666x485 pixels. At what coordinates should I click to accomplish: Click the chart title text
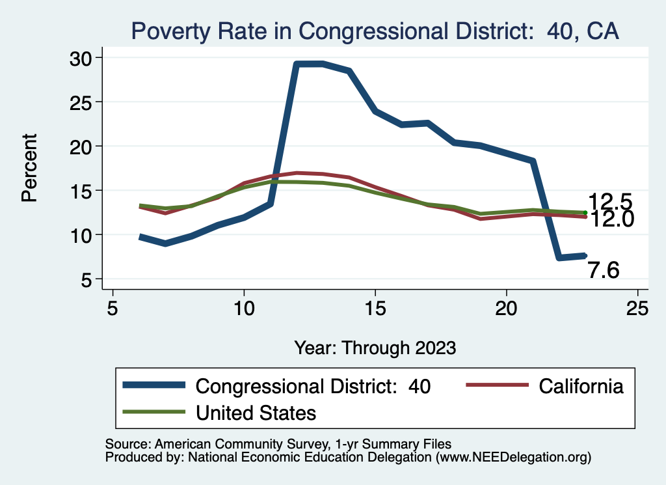pos(375,31)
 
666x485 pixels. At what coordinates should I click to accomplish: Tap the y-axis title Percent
pos(29,167)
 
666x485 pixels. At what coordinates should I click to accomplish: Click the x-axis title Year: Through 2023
pos(375,347)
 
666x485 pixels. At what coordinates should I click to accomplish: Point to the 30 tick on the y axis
pos(83,58)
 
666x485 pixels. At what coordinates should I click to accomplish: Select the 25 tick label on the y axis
pos(83,102)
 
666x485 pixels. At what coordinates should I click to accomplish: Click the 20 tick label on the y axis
pos(83,146)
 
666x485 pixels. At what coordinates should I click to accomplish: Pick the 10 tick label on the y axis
pos(83,235)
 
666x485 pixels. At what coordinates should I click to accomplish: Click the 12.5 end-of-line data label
pos(610,202)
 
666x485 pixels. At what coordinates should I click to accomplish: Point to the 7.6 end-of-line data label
pos(603,270)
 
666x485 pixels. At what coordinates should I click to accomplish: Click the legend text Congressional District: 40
pos(313,386)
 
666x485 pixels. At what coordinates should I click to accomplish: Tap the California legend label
pos(581,386)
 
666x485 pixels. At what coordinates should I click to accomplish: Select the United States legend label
pos(256,412)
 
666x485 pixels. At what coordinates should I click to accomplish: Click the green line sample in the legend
pos(153,412)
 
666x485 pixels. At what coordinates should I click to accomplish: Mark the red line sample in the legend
pos(497,386)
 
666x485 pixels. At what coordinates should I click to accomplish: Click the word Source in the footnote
pos(124,444)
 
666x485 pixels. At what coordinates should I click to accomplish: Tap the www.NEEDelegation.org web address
pos(514,457)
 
